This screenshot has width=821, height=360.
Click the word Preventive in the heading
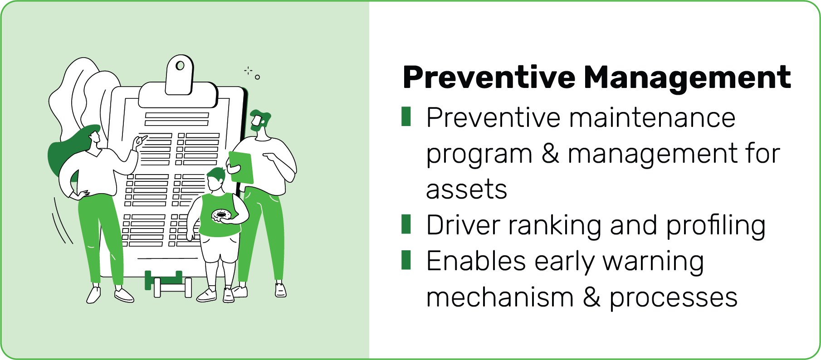point(489,77)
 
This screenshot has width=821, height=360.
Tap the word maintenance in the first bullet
point(652,118)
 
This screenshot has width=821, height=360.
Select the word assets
point(466,190)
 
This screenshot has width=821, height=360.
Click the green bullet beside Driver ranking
point(406,224)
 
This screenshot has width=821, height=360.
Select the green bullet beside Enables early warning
point(406,260)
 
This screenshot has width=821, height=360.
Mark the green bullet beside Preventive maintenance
point(406,117)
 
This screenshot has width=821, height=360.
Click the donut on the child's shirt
point(221,215)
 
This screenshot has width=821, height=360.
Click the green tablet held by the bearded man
point(241,167)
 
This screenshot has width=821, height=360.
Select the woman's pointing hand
point(140,142)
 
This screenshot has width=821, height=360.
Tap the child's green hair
point(216,174)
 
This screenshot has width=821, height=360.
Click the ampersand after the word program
point(550,154)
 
